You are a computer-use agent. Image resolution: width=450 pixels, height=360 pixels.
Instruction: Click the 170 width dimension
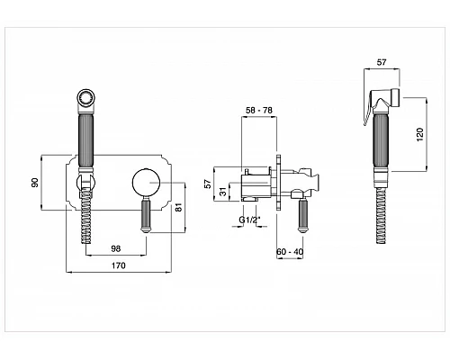click(119, 265)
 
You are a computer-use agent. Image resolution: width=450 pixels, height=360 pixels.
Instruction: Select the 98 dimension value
click(116, 248)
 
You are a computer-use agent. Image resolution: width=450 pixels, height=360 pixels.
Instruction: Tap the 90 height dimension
click(35, 183)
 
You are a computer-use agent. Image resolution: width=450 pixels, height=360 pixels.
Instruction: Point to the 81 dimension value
click(178, 207)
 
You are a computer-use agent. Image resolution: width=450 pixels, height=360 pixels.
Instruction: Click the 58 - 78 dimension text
click(259, 110)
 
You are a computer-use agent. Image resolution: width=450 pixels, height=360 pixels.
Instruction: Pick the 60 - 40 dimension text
click(290, 251)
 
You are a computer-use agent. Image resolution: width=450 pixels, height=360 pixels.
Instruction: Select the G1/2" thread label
click(249, 220)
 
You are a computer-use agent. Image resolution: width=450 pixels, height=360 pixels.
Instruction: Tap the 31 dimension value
click(223, 192)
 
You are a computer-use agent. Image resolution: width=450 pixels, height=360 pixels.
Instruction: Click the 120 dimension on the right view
click(420, 134)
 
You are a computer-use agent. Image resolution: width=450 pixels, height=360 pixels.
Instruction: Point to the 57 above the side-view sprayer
click(382, 62)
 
